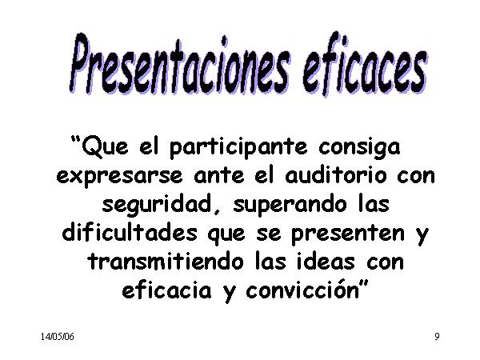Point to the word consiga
(x=359, y=148)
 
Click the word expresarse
(x=119, y=177)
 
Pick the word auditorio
(x=336, y=175)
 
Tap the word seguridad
(x=157, y=205)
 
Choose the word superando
(x=290, y=206)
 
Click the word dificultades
(x=130, y=233)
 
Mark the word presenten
(x=348, y=234)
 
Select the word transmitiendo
(x=166, y=262)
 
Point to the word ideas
(x=326, y=262)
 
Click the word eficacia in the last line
(x=167, y=290)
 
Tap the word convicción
(x=302, y=290)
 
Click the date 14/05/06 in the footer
(x=58, y=337)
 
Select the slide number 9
(x=437, y=337)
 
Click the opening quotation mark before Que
(x=75, y=141)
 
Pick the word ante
(x=219, y=176)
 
